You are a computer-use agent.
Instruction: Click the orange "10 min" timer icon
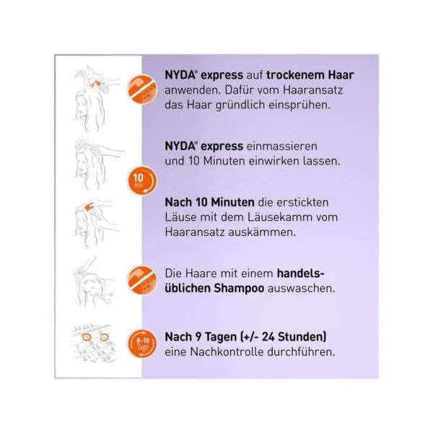click(141, 180)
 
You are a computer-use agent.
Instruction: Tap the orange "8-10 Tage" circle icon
click(141, 344)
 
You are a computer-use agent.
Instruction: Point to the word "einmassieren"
click(281, 146)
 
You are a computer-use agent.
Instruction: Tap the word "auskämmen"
click(262, 232)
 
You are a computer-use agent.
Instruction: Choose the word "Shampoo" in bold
click(239, 289)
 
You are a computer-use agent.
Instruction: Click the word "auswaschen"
click(301, 288)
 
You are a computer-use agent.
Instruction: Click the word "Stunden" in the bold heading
click(302, 337)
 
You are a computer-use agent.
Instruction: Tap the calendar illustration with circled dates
click(94, 343)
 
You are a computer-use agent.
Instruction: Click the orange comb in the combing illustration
click(89, 206)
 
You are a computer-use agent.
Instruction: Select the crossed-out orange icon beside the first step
click(141, 89)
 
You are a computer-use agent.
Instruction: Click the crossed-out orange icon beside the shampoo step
click(141, 281)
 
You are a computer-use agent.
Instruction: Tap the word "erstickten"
click(302, 202)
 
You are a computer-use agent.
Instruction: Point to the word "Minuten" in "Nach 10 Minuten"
click(232, 202)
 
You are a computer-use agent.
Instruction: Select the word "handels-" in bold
click(301, 274)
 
